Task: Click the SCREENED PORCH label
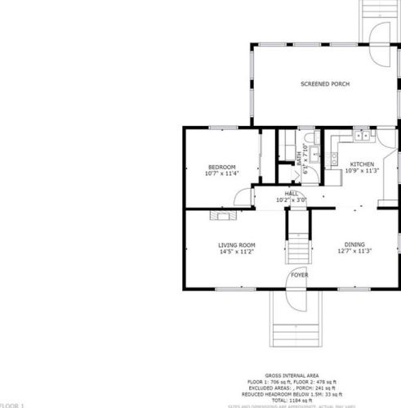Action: [324, 84]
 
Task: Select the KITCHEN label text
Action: [362, 164]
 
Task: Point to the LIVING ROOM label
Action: [237, 245]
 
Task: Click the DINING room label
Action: [354, 245]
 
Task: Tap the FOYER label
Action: [300, 276]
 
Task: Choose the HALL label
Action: [291, 193]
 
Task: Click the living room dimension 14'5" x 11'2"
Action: [237, 252]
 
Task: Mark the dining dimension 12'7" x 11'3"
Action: [354, 252]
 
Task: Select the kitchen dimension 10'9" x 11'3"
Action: [362, 171]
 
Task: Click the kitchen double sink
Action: [359, 133]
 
